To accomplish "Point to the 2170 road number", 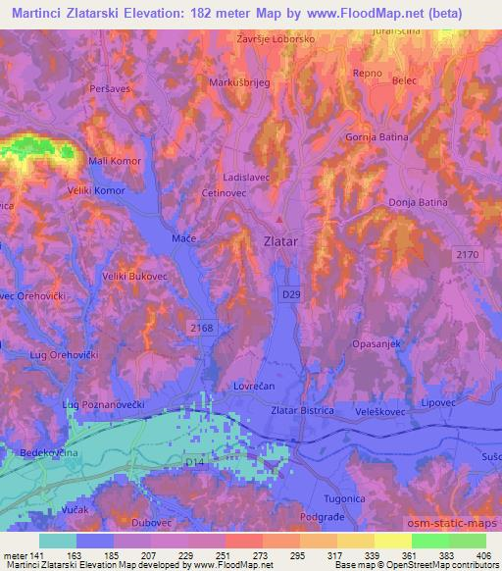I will click(470, 255).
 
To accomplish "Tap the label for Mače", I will click(184, 238).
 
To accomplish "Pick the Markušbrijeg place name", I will click(233, 82).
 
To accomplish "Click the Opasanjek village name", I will click(376, 344).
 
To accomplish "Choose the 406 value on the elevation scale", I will click(479, 556).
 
